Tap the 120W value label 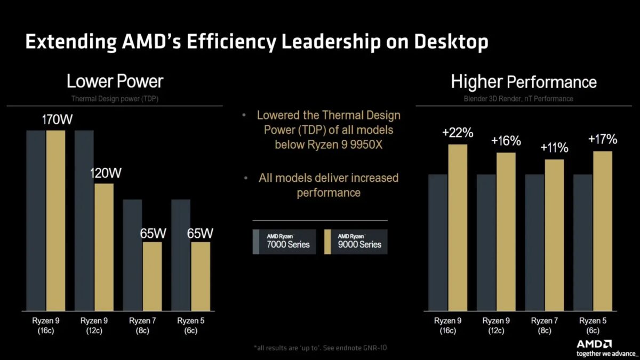tap(105, 173)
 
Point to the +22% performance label tap(457, 133)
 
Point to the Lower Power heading tap(115, 81)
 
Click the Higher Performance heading tap(523, 82)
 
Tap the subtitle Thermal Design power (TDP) tap(115, 98)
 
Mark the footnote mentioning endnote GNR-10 tap(320, 348)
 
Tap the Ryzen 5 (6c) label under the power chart tap(190, 325)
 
